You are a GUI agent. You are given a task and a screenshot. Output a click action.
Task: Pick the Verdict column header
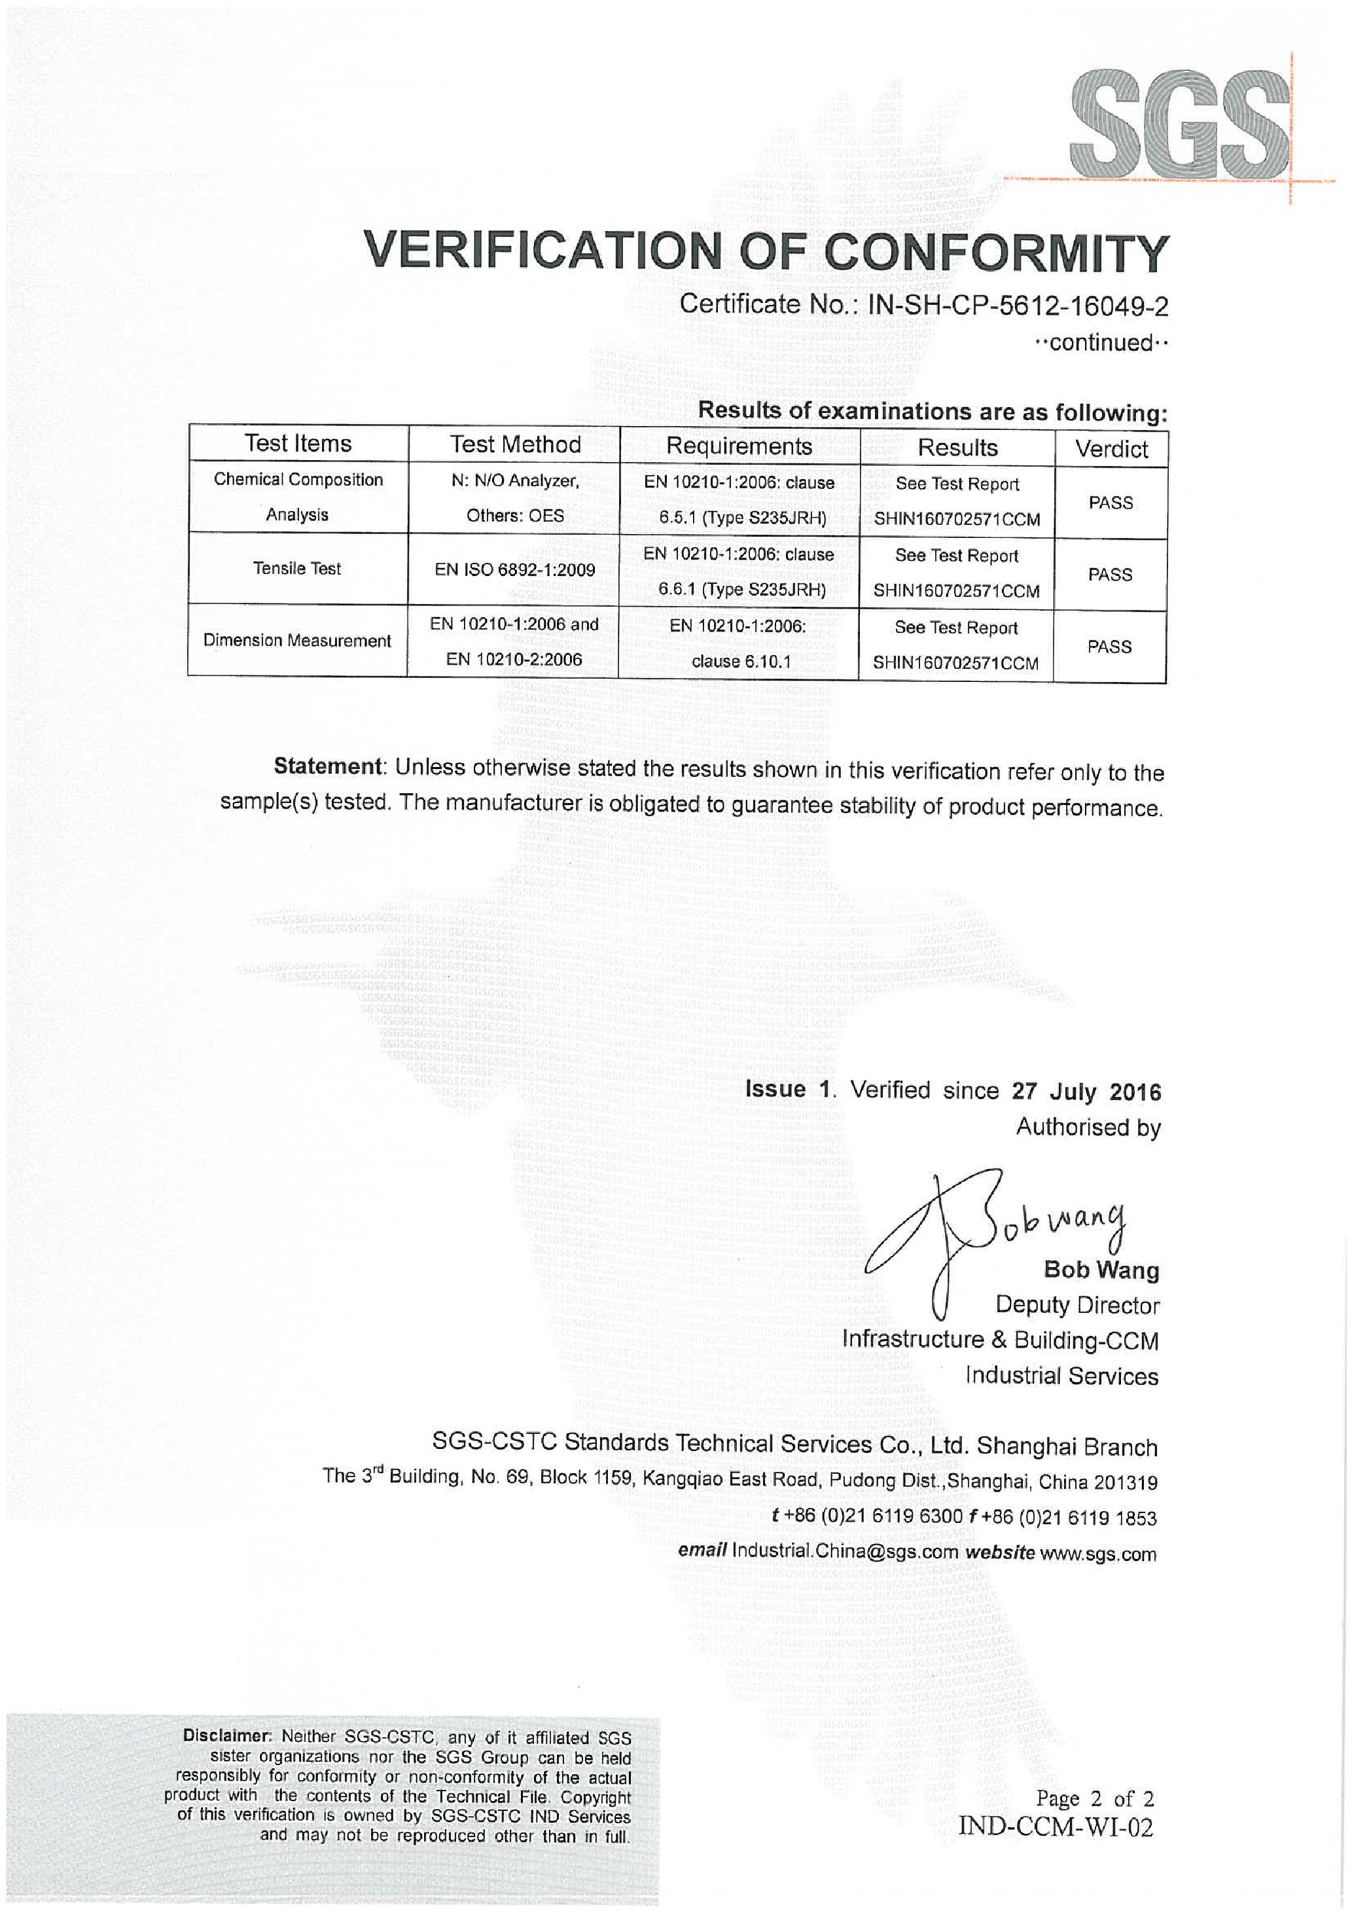pyautogui.click(x=1111, y=449)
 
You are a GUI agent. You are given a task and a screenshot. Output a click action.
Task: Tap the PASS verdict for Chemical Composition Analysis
pyautogui.click(x=1111, y=503)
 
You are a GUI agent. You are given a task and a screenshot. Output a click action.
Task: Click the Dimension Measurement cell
pyautogui.click(x=297, y=640)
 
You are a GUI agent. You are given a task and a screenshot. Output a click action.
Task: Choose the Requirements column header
pyautogui.click(x=739, y=446)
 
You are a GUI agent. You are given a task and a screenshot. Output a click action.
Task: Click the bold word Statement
pyautogui.click(x=327, y=766)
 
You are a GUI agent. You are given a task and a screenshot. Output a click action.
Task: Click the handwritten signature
pyautogui.click(x=991, y=1233)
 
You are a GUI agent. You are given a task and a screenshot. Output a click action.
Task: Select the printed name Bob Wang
pyautogui.click(x=1101, y=1270)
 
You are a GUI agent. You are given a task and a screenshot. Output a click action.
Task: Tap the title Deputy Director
pyautogui.click(x=1076, y=1305)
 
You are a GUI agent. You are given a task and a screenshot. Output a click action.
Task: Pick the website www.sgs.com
pyautogui.click(x=1098, y=1553)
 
